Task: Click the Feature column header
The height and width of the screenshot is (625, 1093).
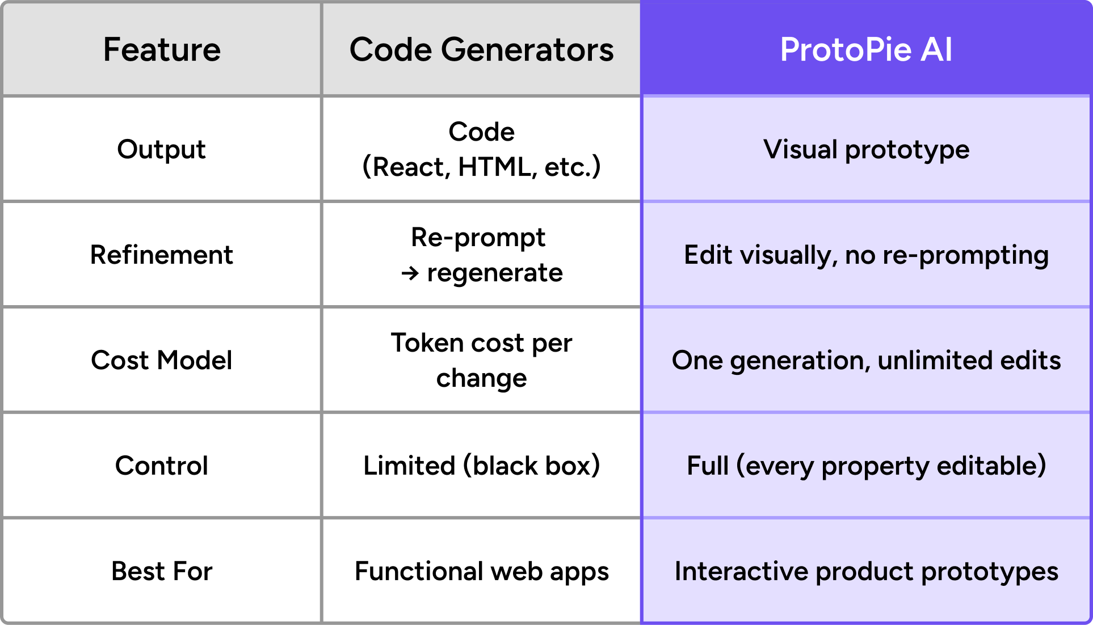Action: (x=162, y=49)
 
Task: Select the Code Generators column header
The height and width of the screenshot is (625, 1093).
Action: (x=481, y=49)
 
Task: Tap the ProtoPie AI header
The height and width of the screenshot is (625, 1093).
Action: (x=866, y=49)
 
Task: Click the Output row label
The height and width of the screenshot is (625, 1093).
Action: (x=162, y=149)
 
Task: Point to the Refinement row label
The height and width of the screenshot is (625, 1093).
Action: (x=162, y=255)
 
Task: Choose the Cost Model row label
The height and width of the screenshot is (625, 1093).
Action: (x=162, y=360)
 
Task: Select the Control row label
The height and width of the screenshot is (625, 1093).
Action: (x=162, y=466)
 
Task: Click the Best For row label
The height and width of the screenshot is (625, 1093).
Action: (x=162, y=571)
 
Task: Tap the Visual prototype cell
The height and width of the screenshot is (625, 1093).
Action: (x=866, y=149)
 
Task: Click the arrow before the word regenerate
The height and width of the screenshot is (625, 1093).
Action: (x=410, y=274)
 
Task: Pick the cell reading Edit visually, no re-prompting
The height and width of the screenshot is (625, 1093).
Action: (x=866, y=255)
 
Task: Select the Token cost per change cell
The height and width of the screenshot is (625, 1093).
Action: (x=481, y=360)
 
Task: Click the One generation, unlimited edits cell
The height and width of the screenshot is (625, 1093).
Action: (x=866, y=360)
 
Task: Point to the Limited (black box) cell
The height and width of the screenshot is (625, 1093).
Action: (x=481, y=466)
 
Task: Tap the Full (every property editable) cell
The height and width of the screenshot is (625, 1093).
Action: (x=866, y=466)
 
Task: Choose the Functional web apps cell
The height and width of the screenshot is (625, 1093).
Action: (x=481, y=571)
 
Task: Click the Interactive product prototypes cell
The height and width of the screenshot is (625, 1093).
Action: (x=866, y=571)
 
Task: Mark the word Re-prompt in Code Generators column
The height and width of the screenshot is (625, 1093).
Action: (x=478, y=237)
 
